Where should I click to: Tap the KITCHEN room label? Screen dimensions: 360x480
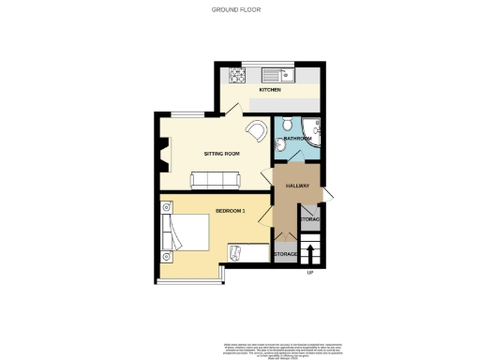point(270,90)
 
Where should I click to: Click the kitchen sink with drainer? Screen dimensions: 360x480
point(279,73)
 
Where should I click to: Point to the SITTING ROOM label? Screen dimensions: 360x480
point(222,153)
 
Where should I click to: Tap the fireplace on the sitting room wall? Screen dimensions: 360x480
point(164,154)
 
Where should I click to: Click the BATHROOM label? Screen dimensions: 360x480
point(297,139)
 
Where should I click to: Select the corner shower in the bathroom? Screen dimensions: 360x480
point(314,131)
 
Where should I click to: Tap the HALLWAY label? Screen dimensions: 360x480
point(298,186)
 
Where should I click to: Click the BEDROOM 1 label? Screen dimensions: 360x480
point(230,210)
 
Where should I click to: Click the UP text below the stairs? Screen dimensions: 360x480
point(309,273)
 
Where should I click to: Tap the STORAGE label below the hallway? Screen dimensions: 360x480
point(285,254)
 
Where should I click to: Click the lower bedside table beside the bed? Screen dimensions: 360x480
point(168,255)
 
